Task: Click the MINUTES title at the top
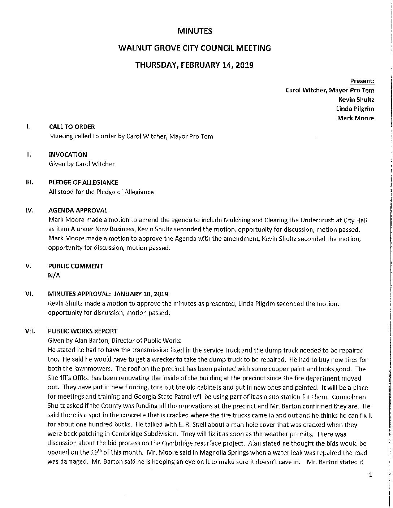pos(195,31)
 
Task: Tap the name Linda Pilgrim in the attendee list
pos(356,109)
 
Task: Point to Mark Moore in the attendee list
pos(355,118)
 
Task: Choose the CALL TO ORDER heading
pos(72,127)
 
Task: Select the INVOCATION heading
pos(68,154)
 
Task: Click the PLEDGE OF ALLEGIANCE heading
pos(83,183)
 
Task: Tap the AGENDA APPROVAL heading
pos(78,210)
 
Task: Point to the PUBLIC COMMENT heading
pos(75,266)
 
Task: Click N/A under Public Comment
pos(53,275)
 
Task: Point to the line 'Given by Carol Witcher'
pos(81,164)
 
